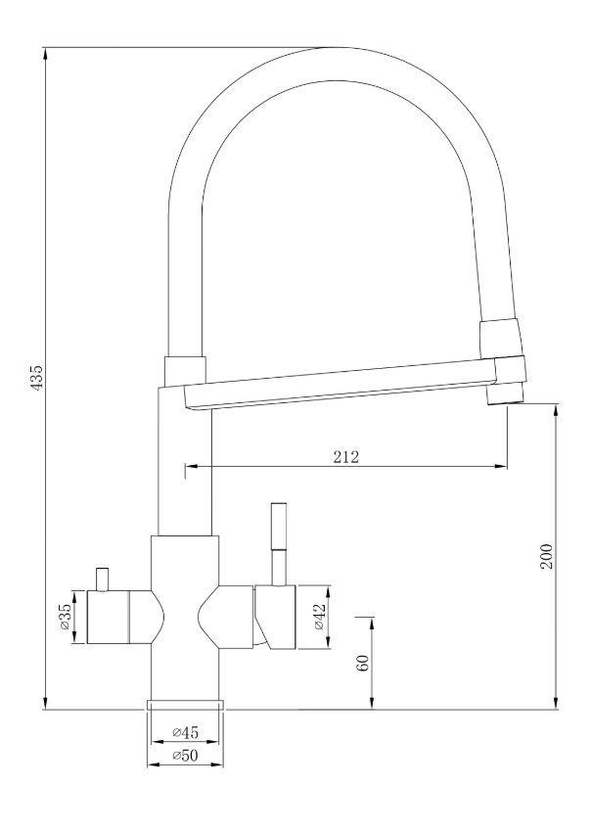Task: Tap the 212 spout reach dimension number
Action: pyautogui.click(x=346, y=456)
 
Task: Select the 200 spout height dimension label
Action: pyautogui.click(x=547, y=556)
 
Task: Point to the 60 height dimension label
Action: pyautogui.click(x=363, y=663)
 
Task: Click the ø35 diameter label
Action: pyautogui.click(x=65, y=617)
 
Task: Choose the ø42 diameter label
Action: pyautogui.click(x=320, y=617)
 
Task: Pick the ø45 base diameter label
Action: pyautogui.click(x=185, y=732)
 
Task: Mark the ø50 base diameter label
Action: pyautogui.click(x=185, y=756)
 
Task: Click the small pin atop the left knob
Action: pyautogui.click(x=102, y=579)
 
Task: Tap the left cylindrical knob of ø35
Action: pyautogui.click(x=108, y=617)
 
